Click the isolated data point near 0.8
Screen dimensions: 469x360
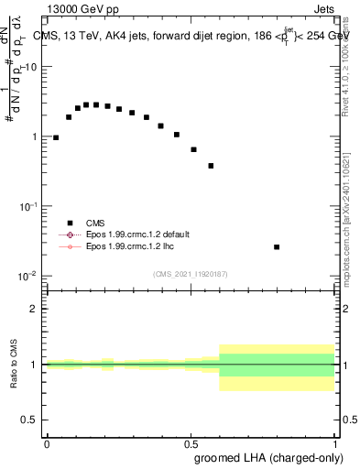point(277,246)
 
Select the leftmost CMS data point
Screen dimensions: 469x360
point(56,137)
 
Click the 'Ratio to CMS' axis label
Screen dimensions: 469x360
point(14,364)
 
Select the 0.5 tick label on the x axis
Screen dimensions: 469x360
point(190,443)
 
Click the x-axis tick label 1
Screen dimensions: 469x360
point(333,443)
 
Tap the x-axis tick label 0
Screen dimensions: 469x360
point(47,443)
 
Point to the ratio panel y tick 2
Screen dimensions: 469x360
point(33,309)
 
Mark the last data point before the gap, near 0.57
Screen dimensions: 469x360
point(211,166)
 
